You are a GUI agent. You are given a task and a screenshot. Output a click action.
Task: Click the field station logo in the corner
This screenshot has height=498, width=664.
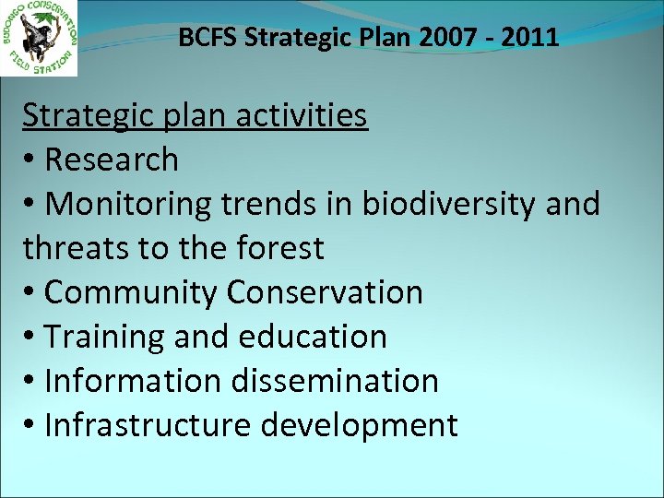(x=39, y=38)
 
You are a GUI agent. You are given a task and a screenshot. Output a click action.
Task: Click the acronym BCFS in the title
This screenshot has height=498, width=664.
(x=204, y=38)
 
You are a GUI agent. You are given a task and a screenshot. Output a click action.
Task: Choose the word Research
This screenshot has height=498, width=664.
(x=111, y=160)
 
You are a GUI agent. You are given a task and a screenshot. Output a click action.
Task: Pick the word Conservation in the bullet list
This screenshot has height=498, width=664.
(x=325, y=292)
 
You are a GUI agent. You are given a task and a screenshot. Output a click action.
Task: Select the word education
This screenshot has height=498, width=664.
(x=313, y=337)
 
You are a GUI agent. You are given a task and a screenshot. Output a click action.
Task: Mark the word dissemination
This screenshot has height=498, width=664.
(x=334, y=381)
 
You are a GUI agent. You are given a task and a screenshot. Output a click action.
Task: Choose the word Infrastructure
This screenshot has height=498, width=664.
(x=148, y=425)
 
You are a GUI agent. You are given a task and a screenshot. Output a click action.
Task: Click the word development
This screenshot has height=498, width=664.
(x=360, y=425)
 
